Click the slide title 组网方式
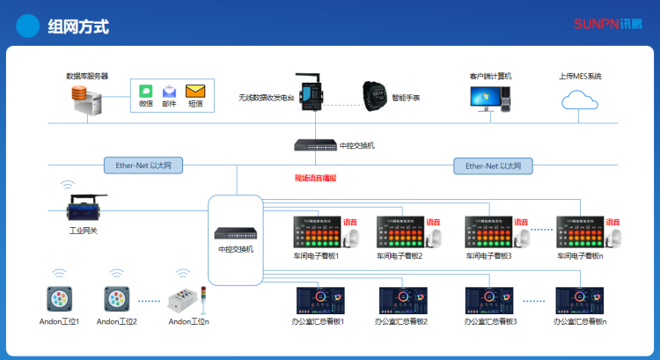point(78,26)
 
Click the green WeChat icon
point(146,91)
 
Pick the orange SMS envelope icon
point(195,91)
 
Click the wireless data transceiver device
point(308,92)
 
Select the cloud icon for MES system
point(580,99)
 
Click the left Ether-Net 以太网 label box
point(143,165)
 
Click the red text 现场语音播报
point(316,178)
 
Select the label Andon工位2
point(117,322)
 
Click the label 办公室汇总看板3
point(491,322)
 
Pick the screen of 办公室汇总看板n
point(580,300)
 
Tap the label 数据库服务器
point(87,76)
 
